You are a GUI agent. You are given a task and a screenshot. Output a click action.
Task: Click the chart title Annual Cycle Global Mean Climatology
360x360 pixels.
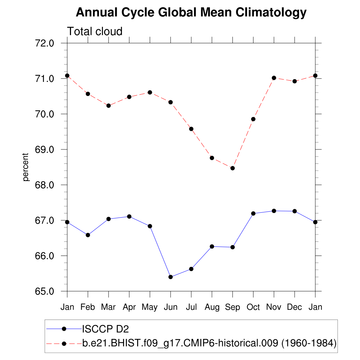(191, 13)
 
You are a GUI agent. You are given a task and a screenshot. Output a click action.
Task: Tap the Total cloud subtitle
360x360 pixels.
(95, 31)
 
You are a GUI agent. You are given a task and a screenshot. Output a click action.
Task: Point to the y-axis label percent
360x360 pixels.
(25, 167)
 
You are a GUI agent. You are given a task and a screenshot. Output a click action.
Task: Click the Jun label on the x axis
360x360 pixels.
(171, 307)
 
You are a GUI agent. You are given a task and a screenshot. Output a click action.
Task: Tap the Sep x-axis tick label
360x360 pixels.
(232, 307)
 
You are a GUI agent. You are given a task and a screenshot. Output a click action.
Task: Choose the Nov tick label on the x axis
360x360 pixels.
(274, 307)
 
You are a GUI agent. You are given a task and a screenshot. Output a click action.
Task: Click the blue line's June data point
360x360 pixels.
(171, 277)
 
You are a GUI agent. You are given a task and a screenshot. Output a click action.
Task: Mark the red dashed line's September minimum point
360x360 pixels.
(232, 168)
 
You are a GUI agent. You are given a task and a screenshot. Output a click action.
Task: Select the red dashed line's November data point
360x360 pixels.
(274, 78)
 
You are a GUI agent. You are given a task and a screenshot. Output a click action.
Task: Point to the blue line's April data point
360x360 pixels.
(129, 216)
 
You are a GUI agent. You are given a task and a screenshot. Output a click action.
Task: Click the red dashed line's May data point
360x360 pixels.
(150, 92)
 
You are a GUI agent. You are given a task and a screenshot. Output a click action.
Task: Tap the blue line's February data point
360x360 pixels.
(88, 235)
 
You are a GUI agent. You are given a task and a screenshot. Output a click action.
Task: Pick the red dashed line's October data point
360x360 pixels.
(253, 119)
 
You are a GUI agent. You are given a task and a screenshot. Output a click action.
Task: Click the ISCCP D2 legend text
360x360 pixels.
(105, 329)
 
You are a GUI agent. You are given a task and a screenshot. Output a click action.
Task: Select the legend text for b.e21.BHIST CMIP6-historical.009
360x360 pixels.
(210, 343)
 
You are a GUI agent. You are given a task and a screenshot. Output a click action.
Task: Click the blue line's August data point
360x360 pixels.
(212, 246)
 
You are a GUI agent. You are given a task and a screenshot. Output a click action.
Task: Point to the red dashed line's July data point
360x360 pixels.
(191, 129)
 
